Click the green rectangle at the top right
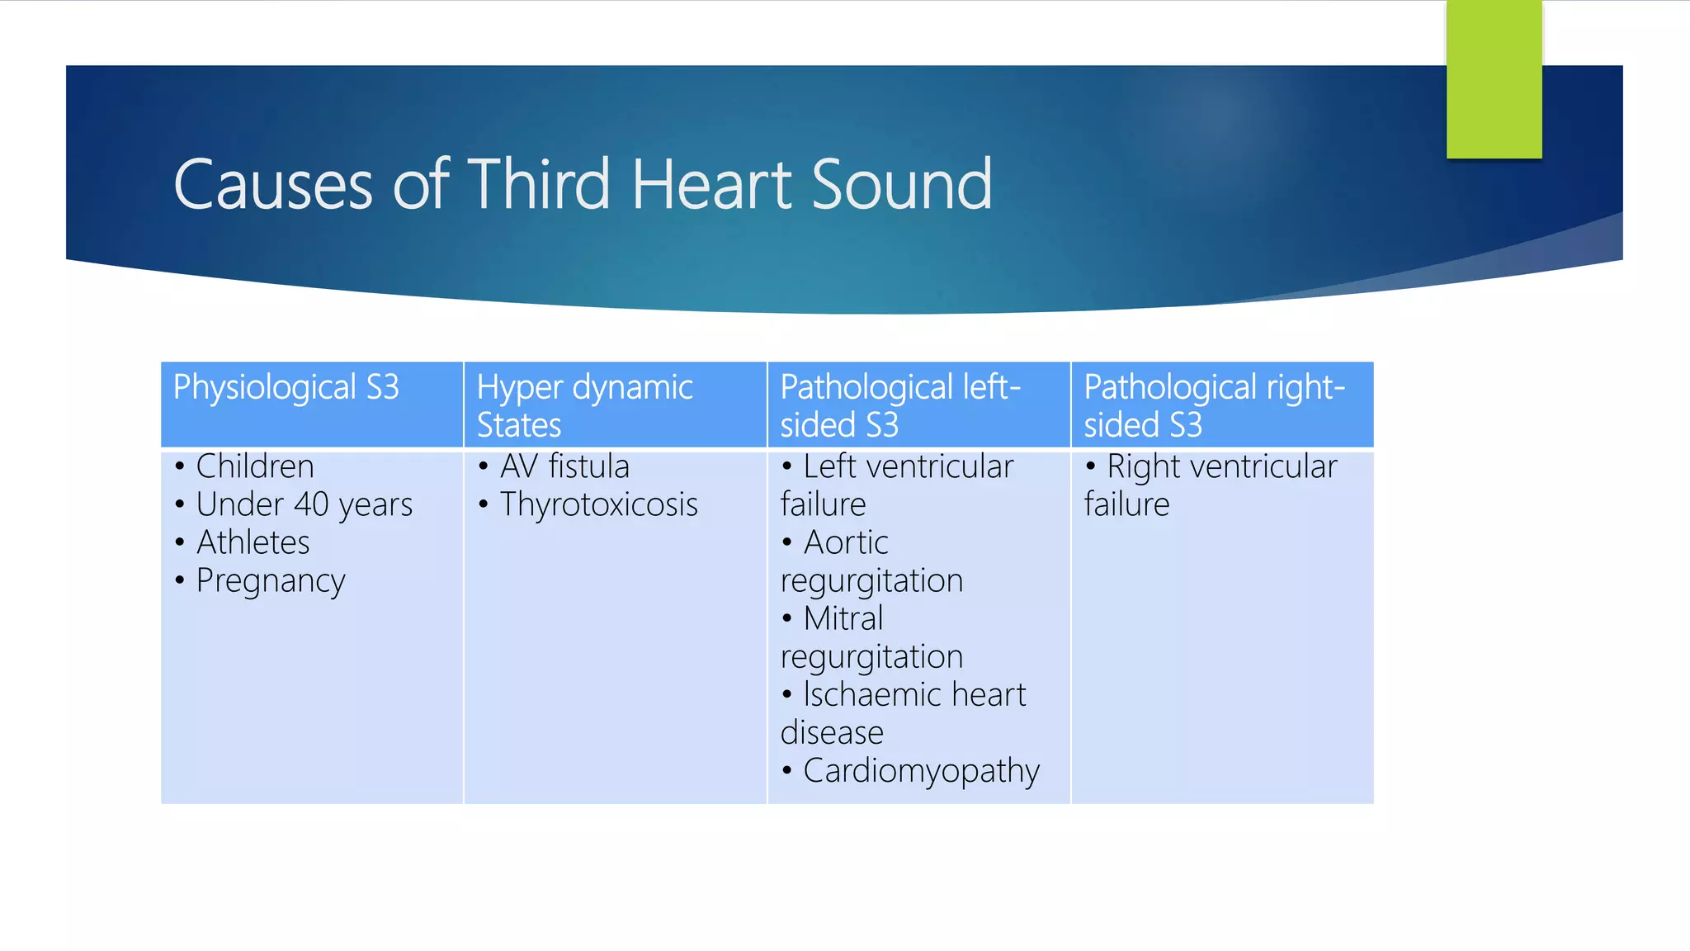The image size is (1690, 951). coord(1494,78)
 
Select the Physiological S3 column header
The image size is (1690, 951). coord(286,387)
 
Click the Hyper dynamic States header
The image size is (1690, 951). coord(584,405)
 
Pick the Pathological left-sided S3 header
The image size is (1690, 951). coord(900,405)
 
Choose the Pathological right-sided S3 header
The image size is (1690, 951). coord(1214,405)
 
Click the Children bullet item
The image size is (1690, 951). coord(254,466)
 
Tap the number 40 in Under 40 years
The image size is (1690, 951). coord(311,504)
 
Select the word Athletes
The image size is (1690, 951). coord(253,542)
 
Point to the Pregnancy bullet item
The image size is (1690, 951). coord(270,581)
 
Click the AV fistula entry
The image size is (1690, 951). coord(564,466)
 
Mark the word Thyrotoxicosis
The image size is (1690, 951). coord(598,504)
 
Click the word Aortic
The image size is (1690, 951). coord(846,542)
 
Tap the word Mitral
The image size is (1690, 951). coord(843,618)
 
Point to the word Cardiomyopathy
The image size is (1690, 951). coord(921,771)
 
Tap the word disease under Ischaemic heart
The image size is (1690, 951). coord(832,732)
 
